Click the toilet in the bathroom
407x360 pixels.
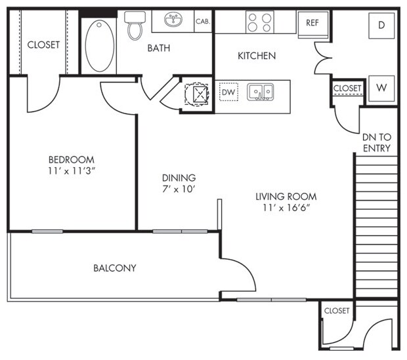point(135,26)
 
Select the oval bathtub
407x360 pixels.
point(100,46)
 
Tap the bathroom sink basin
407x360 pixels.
point(173,20)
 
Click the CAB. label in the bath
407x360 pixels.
point(203,22)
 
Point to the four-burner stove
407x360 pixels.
point(260,22)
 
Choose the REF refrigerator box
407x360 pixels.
point(312,25)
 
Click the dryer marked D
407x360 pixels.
point(381,26)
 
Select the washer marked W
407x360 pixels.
point(381,88)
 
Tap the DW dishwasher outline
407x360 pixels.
point(228,92)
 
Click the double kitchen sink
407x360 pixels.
point(261,92)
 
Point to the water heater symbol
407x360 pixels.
point(197,94)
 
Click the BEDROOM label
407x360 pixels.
point(72,159)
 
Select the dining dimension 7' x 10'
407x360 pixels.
point(179,189)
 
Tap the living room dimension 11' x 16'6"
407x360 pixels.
point(286,208)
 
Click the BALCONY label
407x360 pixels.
point(115,268)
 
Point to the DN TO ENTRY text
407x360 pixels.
point(377,143)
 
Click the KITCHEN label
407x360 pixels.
point(257,56)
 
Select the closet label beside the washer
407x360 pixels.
point(347,88)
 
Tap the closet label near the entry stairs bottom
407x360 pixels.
point(337,310)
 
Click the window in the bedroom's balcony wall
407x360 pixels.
point(47,231)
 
